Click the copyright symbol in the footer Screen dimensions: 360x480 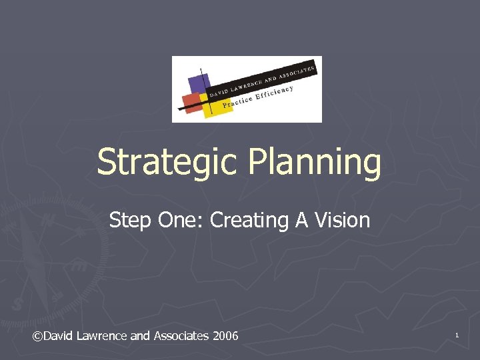37,335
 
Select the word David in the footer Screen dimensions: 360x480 59,335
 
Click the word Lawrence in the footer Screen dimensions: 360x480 103,335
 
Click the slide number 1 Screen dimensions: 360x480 457,335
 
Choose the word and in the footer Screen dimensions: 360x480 140,335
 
